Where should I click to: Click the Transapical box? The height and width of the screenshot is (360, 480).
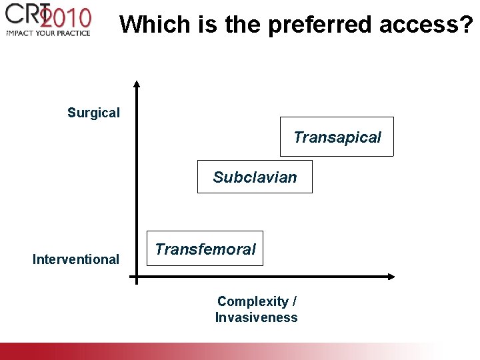[337, 137]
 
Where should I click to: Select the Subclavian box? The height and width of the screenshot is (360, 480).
[255, 177]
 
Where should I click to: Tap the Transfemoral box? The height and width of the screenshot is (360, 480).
[205, 249]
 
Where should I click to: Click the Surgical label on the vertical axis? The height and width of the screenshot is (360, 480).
[93, 113]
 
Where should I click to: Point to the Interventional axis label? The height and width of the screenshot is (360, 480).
[75, 259]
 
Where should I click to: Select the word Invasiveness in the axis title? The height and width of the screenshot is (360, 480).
[256, 317]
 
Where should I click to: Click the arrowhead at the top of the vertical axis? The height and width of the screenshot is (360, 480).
[136, 85]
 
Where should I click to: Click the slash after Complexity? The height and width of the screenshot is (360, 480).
[295, 301]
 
